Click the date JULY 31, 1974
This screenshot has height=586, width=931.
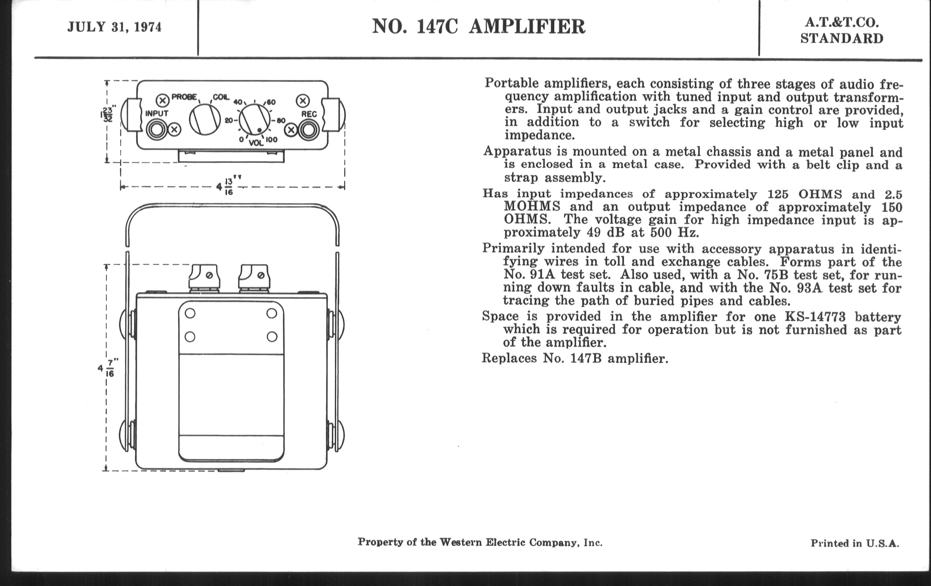pos(114,27)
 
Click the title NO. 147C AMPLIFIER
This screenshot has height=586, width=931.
pos(478,27)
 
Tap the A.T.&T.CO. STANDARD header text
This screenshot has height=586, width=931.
pos(842,31)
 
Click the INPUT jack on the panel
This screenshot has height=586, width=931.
pos(157,129)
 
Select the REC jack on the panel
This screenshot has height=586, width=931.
pos(309,130)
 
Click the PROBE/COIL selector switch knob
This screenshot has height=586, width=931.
pos(205,119)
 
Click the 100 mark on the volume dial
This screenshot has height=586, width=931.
pos(271,140)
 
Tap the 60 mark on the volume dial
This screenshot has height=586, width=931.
pos(271,103)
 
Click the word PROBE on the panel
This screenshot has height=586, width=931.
pos(184,97)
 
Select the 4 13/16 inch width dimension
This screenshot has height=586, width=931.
pos(228,186)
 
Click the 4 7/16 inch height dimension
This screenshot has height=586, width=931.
pos(107,368)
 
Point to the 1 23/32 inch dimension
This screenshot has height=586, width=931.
pos(106,115)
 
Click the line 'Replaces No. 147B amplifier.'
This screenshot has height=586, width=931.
pos(575,358)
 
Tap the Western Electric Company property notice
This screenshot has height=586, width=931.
pos(480,542)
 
